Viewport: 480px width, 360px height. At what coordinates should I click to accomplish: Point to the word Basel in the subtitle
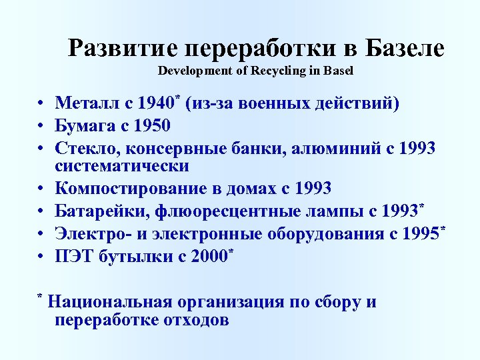(x=337, y=70)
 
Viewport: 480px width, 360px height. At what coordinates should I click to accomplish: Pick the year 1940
(x=153, y=104)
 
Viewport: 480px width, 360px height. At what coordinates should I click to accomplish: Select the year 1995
(x=417, y=235)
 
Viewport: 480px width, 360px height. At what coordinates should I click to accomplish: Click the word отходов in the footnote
(x=195, y=320)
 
